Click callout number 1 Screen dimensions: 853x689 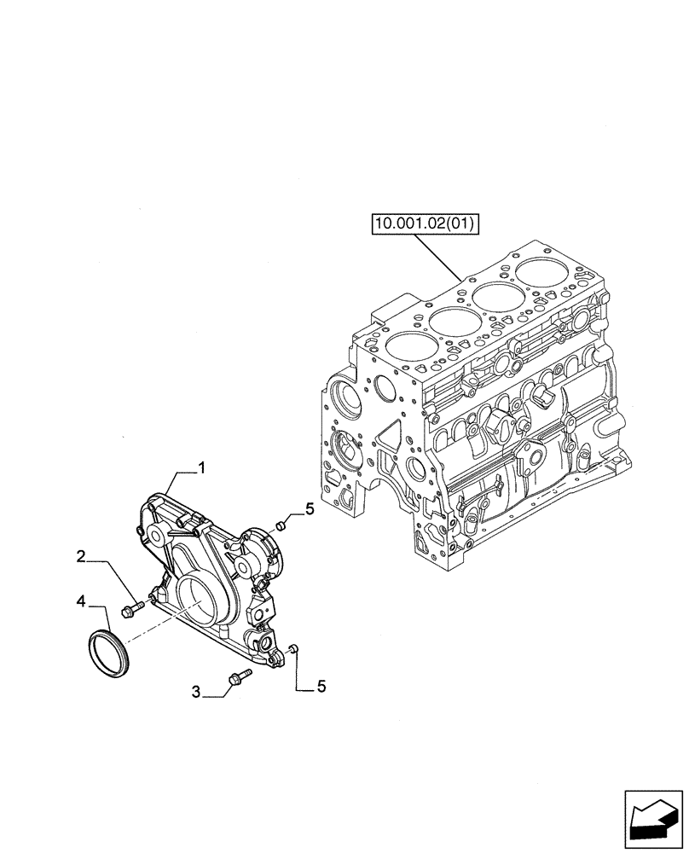pyautogui.click(x=202, y=467)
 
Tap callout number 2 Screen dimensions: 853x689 pyautogui.click(x=80, y=557)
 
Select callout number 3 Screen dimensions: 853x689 pyautogui.click(x=196, y=693)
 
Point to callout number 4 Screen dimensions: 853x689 pyautogui.click(x=80, y=601)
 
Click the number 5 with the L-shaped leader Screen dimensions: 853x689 pyautogui.click(x=321, y=685)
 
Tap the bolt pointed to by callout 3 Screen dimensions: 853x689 pyautogui.click(x=238, y=679)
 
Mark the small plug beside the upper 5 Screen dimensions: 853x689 pyautogui.click(x=285, y=524)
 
